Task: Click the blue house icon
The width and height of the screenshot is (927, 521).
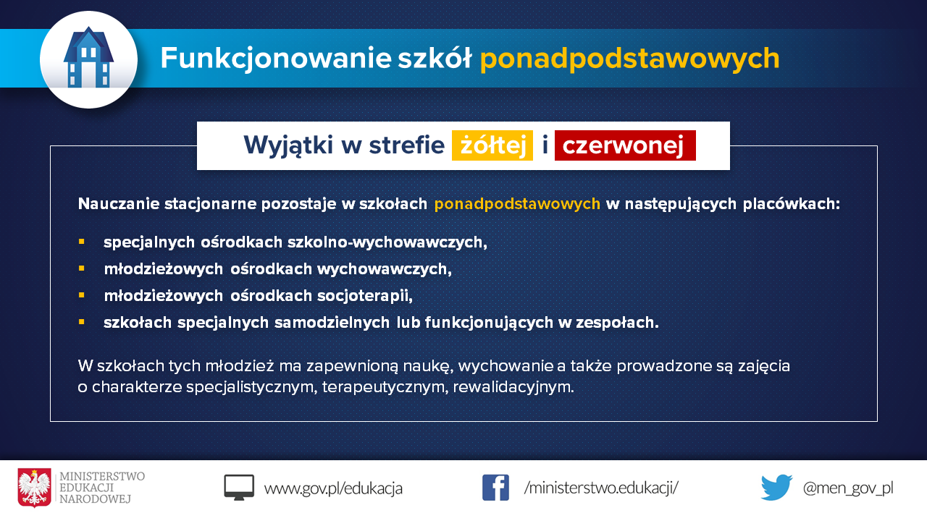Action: click(88, 57)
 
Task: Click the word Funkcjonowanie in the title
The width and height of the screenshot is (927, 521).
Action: click(276, 59)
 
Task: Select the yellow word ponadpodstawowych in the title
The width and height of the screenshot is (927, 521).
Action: click(629, 59)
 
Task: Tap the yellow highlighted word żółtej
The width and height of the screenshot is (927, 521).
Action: click(492, 145)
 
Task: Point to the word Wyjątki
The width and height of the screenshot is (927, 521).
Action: click(288, 146)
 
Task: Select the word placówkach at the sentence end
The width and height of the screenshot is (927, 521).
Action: click(792, 204)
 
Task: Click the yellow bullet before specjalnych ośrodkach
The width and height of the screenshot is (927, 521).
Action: click(82, 242)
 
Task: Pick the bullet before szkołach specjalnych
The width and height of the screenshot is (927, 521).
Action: click(82, 322)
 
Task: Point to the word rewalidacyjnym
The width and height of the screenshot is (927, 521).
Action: click(513, 387)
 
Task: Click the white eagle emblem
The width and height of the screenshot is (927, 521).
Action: click(34, 488)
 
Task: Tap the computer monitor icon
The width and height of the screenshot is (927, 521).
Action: click(239, 488)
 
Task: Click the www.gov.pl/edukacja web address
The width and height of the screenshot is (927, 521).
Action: click(333, 488)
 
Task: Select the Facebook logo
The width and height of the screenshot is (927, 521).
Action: click(495, 488)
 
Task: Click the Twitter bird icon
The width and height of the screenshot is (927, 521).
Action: click(776, 488)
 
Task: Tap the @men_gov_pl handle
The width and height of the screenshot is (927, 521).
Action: click(848, 488)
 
